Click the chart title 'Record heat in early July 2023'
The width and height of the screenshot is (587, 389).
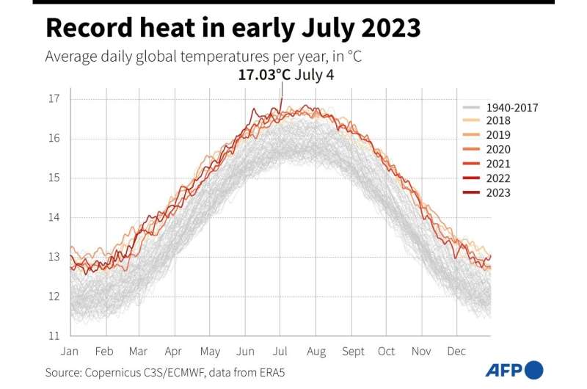point(233,29)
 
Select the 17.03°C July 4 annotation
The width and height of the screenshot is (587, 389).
point(285,75)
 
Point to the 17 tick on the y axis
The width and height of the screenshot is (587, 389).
point(54,99)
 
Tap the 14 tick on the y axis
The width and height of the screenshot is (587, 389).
point(54,217)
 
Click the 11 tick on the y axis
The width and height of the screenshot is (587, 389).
point(54,335)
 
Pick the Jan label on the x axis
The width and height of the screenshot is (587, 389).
point(70,352)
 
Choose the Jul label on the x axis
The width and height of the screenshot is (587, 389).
point(281,352)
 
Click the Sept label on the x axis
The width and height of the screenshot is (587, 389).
point(353,352)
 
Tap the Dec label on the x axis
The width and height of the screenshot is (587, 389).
point(457,352)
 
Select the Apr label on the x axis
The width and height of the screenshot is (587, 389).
point(174,352)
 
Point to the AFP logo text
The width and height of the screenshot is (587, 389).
point(503,370)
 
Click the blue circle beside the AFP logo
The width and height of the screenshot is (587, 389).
point(534,370)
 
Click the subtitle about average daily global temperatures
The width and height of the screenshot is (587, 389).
point(203,57)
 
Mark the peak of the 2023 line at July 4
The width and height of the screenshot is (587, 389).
point(281,99)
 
